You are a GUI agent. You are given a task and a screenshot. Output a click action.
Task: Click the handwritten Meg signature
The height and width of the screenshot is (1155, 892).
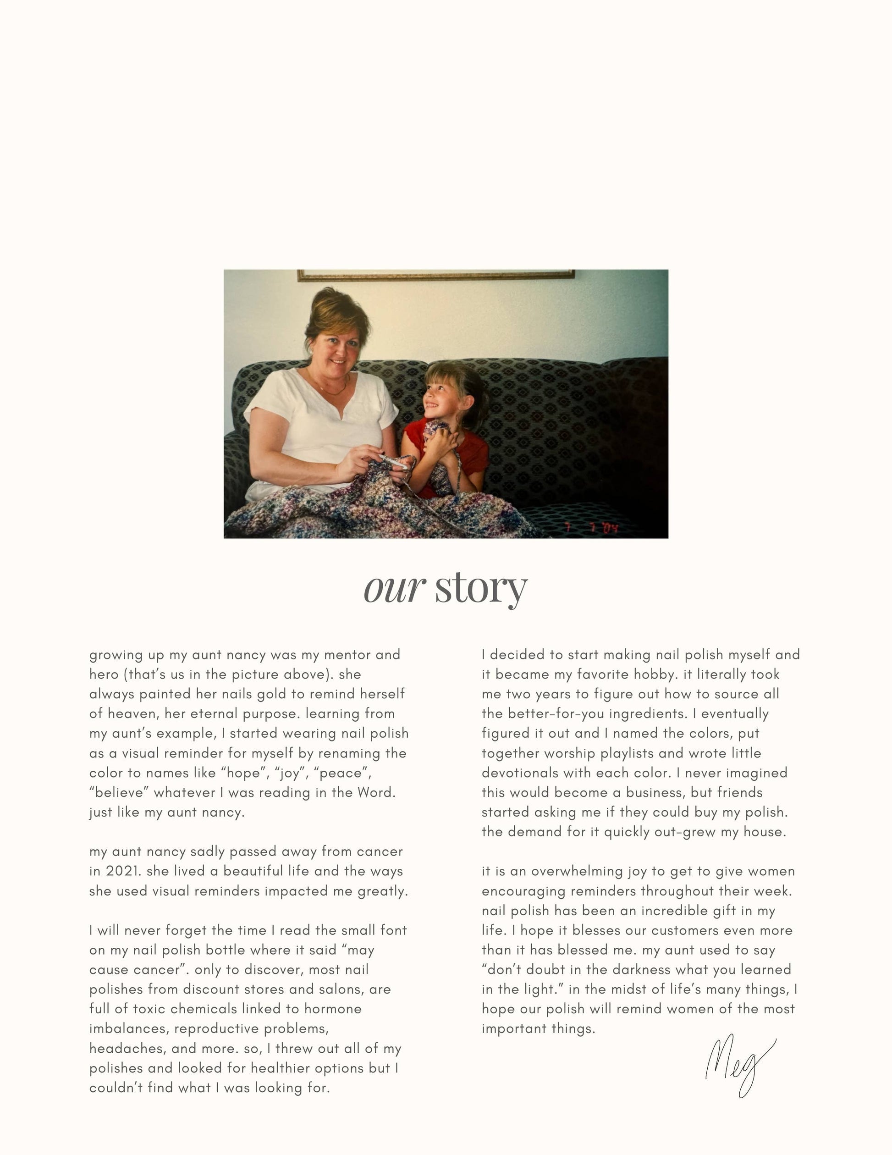pos(740,1063)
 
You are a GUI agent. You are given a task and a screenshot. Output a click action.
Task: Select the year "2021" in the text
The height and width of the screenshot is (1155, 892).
pos(119,871)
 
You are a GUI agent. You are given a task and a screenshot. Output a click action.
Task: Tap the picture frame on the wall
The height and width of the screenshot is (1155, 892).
pos(436,275)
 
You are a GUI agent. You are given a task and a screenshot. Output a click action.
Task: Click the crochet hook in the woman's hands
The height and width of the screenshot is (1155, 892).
pos(394,461)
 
